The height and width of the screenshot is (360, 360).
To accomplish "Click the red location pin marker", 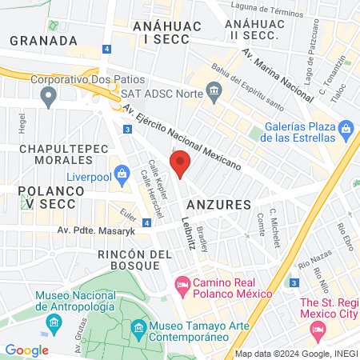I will [181, 164].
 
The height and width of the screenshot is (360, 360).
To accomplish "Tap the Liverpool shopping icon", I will [122, 173].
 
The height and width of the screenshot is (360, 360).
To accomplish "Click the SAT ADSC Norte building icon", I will [214, 92].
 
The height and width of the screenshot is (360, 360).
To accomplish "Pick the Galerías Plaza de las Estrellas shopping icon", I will [346, 128].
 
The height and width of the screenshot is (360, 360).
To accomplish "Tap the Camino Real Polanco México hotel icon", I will [182, 284].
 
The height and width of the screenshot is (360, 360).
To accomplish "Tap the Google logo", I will [27, 350].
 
